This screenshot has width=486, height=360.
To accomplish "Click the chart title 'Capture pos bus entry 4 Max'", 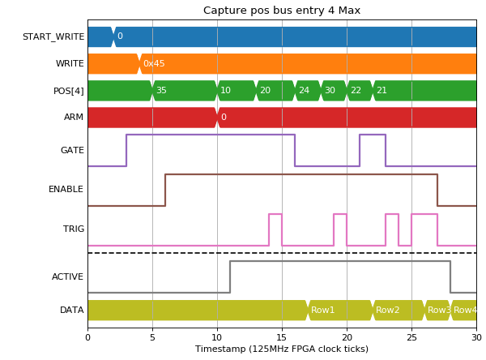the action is click(282, 11).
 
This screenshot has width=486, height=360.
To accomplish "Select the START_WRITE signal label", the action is click(53, 36).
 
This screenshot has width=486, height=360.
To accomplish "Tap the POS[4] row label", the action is click(69, 91).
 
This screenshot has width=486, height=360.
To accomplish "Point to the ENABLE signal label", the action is click(66, 189).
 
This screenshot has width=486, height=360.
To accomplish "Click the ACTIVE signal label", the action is click(67, 276).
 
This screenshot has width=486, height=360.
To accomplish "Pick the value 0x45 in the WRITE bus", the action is click(154, 63).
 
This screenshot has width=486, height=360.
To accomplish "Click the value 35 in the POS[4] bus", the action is click(161, 90).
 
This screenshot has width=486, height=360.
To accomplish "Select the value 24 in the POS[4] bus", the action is click(304, 90).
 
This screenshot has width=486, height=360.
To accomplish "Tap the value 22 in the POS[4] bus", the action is click(356, 90).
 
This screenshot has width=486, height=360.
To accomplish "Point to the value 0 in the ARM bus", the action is click(224, 117).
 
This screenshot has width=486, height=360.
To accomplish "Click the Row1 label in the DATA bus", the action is click(322, 310).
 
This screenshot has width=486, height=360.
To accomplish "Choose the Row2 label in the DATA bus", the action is click(387, 310).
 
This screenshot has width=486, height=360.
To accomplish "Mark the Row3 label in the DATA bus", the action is click(439, 310).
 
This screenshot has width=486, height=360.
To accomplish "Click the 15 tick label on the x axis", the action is click(282, 337).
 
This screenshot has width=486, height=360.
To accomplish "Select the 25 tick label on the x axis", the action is click(411, 337).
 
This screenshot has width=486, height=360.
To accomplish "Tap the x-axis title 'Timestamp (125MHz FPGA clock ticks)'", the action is click(282, 349).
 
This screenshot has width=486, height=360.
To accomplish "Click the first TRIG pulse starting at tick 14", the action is click(275, 214).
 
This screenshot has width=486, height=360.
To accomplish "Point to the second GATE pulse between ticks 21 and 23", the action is click(373, 135).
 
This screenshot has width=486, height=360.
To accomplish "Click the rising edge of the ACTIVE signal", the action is click(230, 276).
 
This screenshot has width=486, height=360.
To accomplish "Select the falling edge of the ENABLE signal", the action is click(437, 190).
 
